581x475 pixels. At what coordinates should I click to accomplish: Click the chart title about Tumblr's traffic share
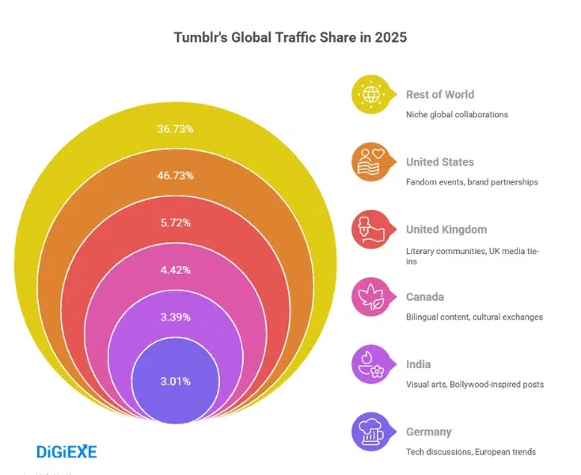pyautogui.click(x=290, y=37)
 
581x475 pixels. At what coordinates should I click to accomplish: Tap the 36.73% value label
pyautogui.click(x=176, y=127)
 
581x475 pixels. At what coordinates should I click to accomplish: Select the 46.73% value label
pyautogui.click(x=176, y=175)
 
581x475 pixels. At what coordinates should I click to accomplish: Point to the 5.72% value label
pyautogui.click(x=176, y=222)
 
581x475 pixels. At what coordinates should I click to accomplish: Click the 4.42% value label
pyautogui.click(x=176, y=270)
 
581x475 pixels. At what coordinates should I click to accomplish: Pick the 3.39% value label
pyautogui.click(x=176, y=317)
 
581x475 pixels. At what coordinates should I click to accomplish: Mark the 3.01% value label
pyautogui.click(x=176, y=381)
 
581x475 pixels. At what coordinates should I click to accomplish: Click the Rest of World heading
pyautogui.click(x=440, y=94)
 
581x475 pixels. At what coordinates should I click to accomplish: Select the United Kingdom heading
pyautogui.click(x=446, y=230)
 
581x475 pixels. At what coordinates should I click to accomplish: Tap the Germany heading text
pyautogui.click(x=429, y=432)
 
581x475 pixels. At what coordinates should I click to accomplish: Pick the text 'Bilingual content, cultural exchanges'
pyautogui.click(x=474, y=317)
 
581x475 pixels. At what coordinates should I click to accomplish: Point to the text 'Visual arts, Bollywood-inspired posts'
pyautogui.click(x=475, y=385)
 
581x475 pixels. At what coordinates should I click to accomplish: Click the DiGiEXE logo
pyautogui.click(x=66, y=452)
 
